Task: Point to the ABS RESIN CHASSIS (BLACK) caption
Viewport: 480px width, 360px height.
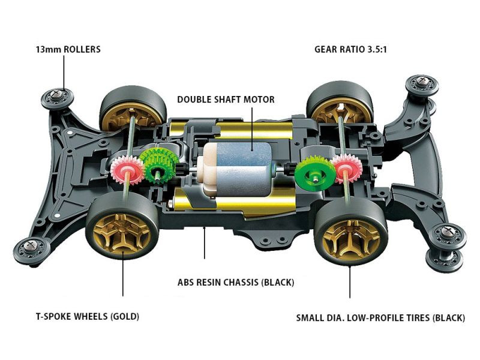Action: [x=236, y=281]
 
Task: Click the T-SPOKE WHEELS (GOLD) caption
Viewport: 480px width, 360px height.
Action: [x=80, y=316]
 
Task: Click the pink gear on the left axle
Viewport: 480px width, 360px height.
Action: [x=126, y=170]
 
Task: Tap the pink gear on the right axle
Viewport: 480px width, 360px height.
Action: [x=344, y=169]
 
